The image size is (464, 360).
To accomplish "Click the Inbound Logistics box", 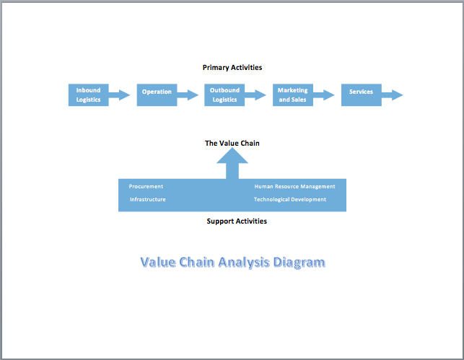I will pos(88,95).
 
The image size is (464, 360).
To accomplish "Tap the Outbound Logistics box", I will pos(224,95).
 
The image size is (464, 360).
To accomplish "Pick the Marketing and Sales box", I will pos(293,95).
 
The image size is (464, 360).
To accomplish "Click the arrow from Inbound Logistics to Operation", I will pos(121,95).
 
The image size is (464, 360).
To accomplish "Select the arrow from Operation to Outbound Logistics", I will pos(188,95).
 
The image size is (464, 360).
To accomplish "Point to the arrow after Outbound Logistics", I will pos(256,95).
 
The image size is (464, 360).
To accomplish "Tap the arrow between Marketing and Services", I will pos(325,95).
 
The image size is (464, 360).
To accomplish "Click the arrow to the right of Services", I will pos(393,95).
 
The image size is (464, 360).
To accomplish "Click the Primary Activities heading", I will pos(232,67).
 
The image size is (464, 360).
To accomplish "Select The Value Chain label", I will pos(232,143).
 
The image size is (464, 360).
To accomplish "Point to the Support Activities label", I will pos(237,221).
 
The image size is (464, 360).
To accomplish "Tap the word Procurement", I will pos(146,186).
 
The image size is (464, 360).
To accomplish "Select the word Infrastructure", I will pos(147,199).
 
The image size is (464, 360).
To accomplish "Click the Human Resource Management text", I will pos(294,186).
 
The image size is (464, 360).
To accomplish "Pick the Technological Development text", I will pos(289,199).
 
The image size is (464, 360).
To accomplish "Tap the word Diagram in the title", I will pos(299,263).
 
